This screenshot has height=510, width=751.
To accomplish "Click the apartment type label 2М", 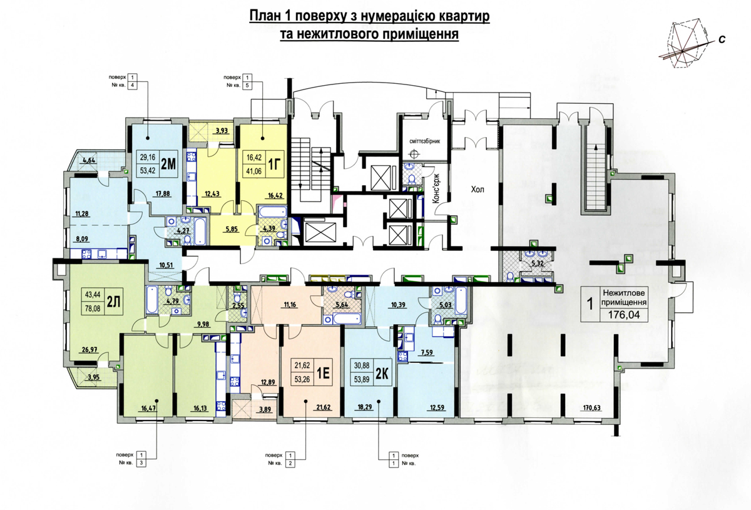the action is click(x=168, y=164).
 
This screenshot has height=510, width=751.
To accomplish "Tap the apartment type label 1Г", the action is click(x=273, y=165).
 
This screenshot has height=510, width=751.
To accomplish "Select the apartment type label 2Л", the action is click(x=113, y=302).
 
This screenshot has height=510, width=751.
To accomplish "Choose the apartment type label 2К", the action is click(x=382, y=374).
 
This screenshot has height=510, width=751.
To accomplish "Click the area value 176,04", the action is click(x=624, y=315).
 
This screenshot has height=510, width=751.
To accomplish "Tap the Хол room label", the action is click(x=478, y=190).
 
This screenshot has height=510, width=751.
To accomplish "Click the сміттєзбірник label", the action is click(x=424, y=141).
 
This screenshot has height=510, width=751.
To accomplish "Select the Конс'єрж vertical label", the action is click(x=436, y=190).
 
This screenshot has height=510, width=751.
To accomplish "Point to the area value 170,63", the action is click(x=591, y=408).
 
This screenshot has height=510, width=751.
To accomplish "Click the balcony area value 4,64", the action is click(x=89, y=160).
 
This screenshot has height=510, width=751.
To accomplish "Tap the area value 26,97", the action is click(x=89, y=350).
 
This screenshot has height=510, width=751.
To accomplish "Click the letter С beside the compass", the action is click(x=722, y=39).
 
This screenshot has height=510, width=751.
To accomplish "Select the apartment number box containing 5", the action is click(x=247, y=85).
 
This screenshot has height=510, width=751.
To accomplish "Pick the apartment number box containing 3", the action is click(x=142, y=463).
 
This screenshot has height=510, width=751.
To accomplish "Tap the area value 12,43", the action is click(x=212, y=193).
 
